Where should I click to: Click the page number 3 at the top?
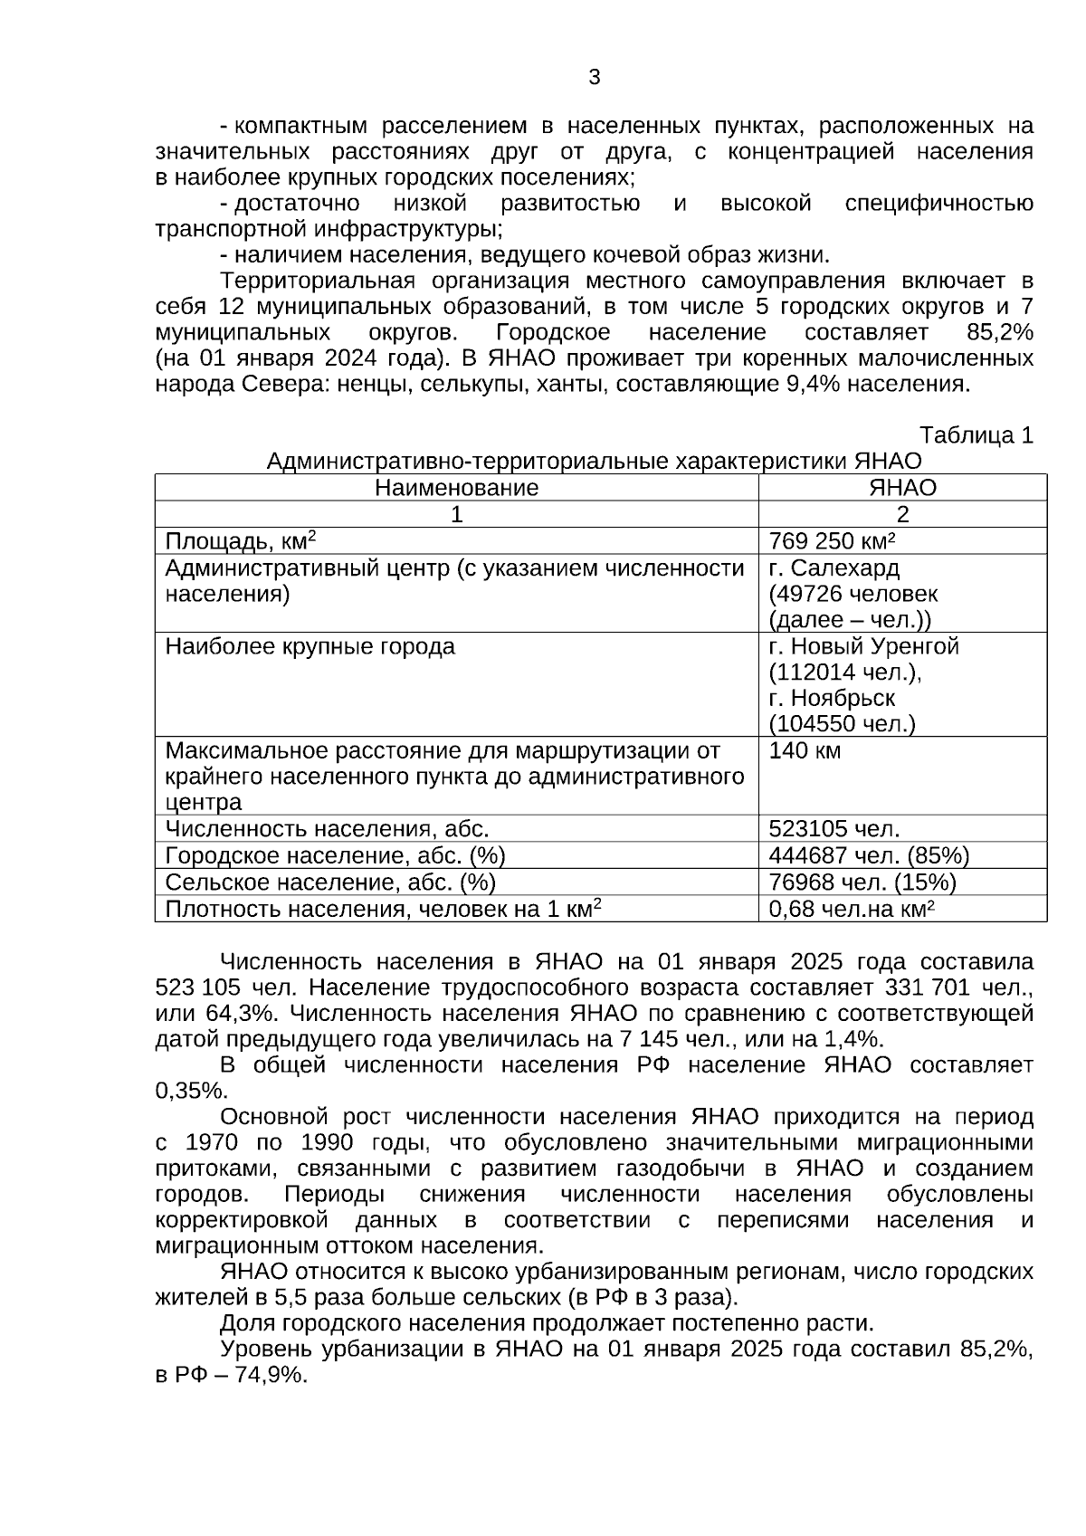click(x=595, y=78)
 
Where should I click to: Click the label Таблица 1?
click(x=976, y=435)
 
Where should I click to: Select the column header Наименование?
click(x=456, y=488)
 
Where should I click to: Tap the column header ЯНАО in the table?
click(x=902, y=488)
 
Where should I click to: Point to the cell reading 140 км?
click(x=805, y=750)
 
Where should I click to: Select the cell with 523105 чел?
click(x=834, y=828)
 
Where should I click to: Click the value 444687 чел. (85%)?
click(x=869, y=855)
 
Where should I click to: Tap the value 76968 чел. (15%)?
click(x=862, y=882)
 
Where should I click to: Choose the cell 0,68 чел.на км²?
click(x=851, y=908)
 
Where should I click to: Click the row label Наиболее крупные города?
click(x=310, y=647)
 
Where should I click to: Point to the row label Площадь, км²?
click(x=240, y=541)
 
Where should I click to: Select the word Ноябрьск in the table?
click(x=843, y=699)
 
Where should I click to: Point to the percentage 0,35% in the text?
click(x=191, y=1091)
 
